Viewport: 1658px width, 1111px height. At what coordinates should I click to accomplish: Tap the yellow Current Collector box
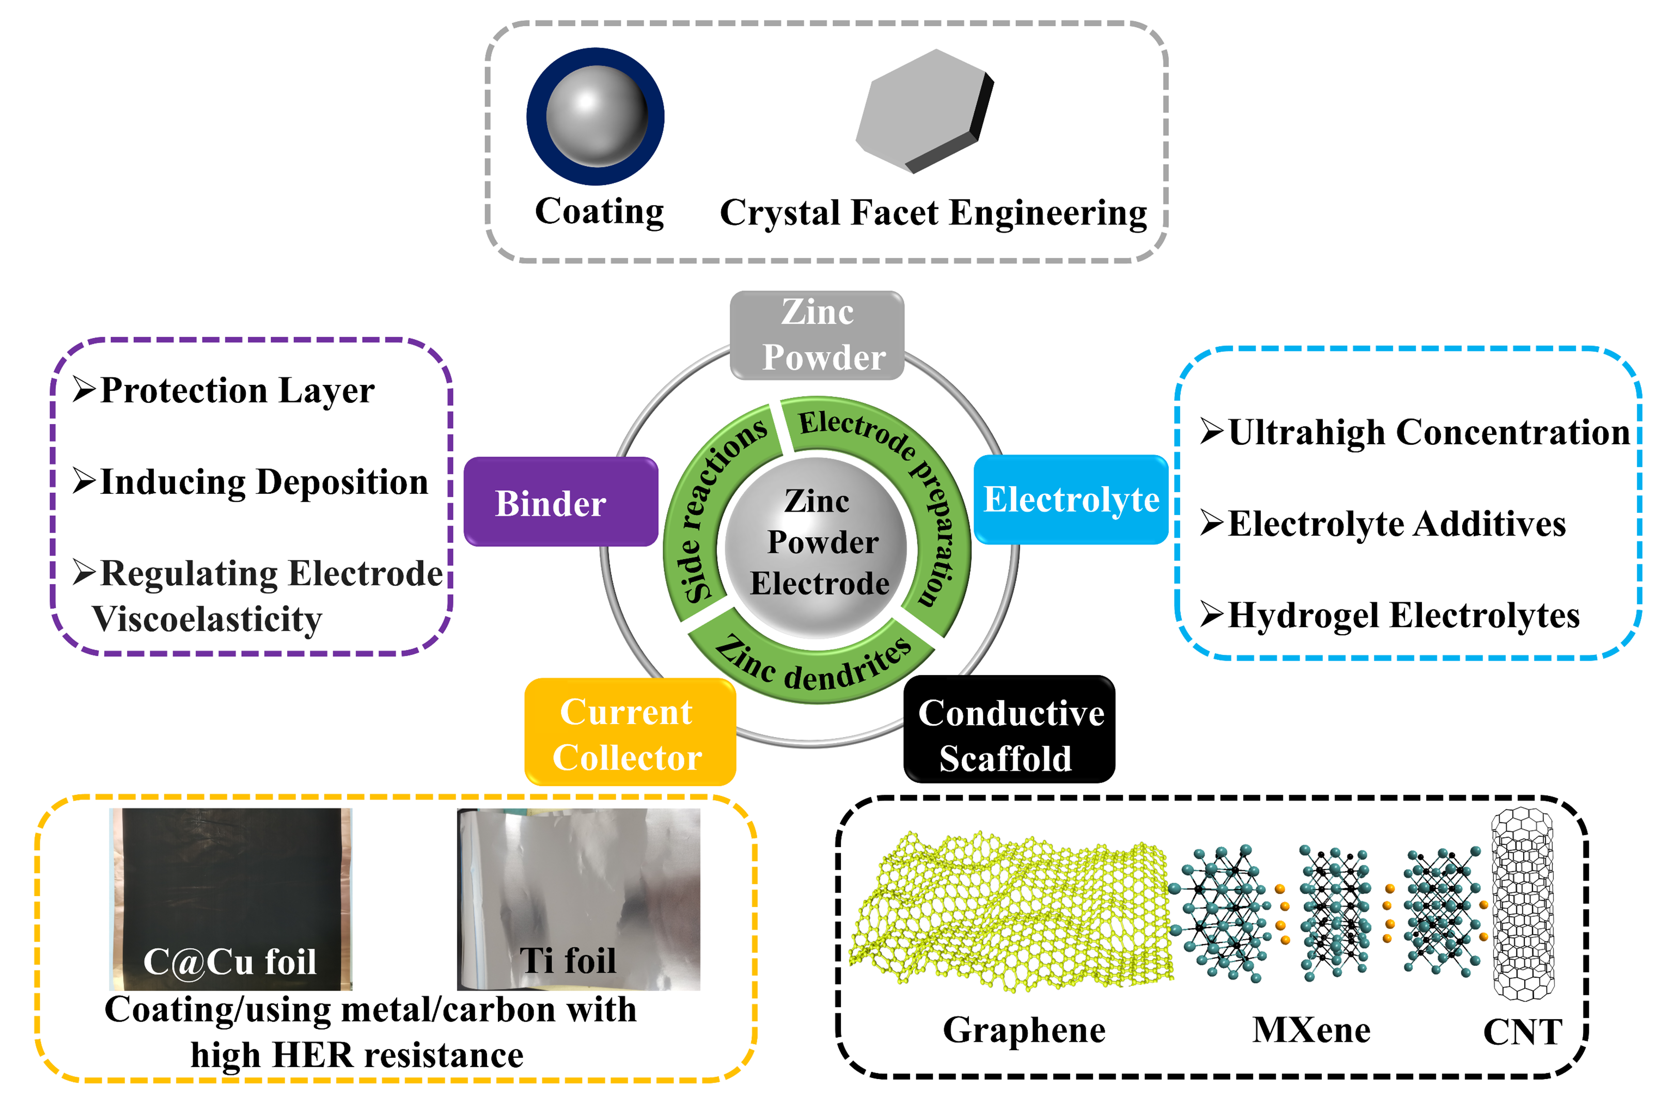629,732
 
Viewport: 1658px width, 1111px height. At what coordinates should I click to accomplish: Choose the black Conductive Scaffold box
1008,730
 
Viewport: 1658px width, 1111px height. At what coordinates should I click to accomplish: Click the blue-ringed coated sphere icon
595,116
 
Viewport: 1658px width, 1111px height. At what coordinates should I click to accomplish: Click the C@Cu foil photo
230,898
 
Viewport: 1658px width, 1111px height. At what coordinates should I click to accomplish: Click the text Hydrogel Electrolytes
1403,615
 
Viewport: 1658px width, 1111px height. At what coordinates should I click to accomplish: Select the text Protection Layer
238,390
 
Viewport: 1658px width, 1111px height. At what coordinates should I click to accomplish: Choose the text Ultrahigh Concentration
1428,432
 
